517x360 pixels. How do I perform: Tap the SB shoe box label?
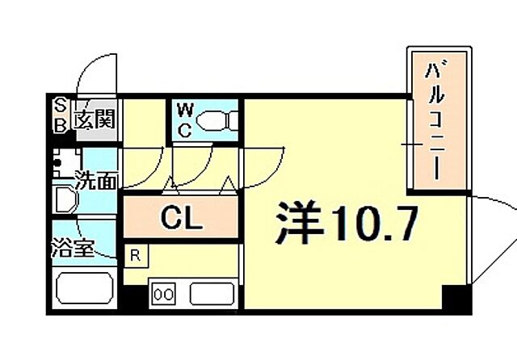[x=61, y=114]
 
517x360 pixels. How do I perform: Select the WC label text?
[x=183, y=120]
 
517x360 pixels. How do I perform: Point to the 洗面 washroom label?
[x=96, y=180]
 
